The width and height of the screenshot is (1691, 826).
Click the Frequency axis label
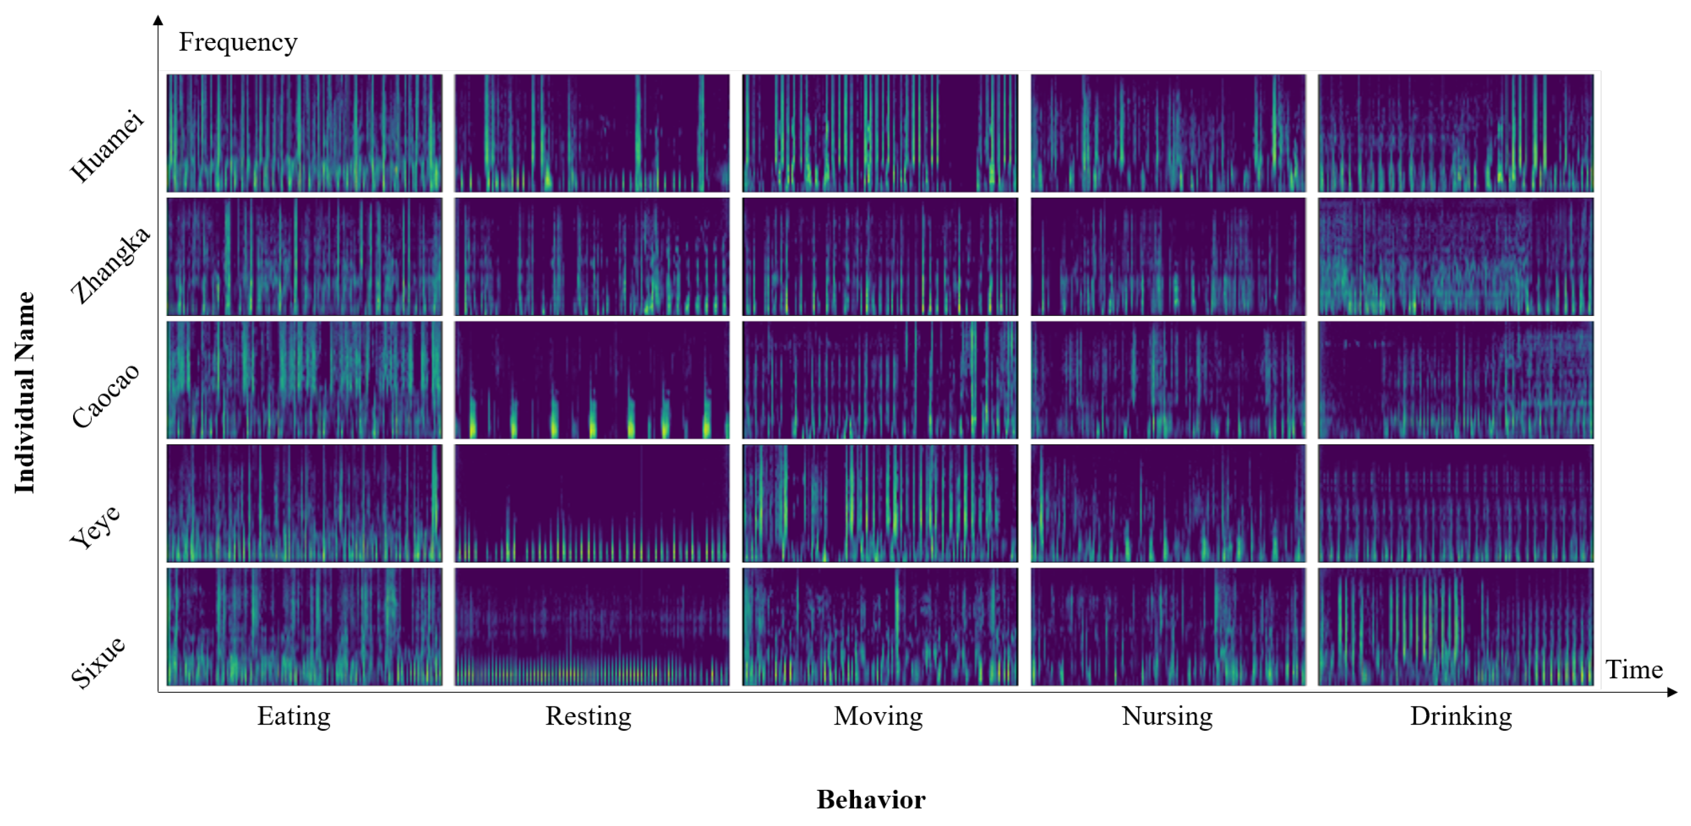(x=238, y=42)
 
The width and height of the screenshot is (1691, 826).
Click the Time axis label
(x=1633, y=670)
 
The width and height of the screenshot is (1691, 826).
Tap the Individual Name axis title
(x=25, y=393)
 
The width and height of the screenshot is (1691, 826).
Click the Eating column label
(x=293, y=716)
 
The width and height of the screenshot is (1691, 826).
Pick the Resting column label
(x=588, y=716)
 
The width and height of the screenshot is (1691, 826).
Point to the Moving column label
(x=878, y=716)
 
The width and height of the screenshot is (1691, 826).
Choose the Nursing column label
(x=1167, y=716)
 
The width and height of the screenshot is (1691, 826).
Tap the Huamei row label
(x=107, y=146)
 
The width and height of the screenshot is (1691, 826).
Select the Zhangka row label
(x=110, y=265)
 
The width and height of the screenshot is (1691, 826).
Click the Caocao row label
(x=106, y=395)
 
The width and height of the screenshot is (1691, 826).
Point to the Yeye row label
(x=96, y=526)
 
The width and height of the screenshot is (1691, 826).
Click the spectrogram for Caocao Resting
(x=591, y=380)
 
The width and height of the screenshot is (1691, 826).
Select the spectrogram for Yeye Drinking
(x=1455, y=503)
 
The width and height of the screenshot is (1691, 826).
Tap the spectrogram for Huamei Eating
(x=304, y=133)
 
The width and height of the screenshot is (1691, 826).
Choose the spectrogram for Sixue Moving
(x=879, y=627)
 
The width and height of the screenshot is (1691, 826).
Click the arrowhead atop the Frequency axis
(x=158, y=20)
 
